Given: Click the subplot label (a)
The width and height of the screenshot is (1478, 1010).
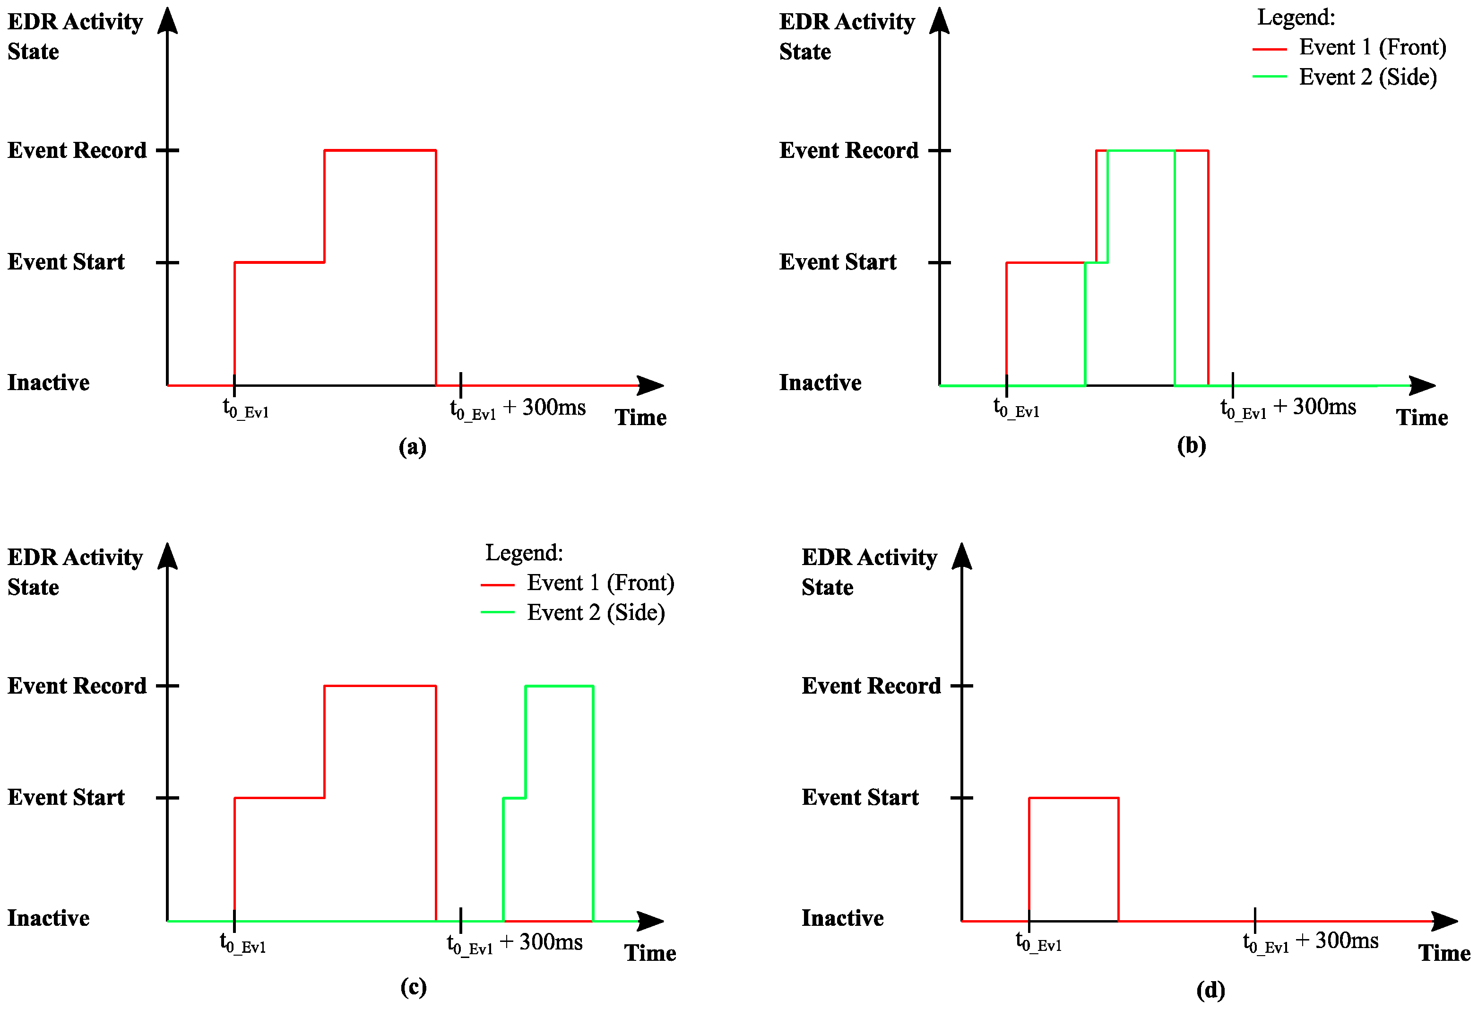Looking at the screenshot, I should click(412, 447).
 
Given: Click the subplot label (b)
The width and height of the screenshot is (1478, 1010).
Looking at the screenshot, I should click(1191, 445).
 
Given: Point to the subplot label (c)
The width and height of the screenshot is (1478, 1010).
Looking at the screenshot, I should click(414, 987).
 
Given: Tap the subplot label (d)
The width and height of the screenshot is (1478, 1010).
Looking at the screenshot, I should click(1210, 990).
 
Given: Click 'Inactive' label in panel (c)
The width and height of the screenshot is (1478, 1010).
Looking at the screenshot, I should click(48, 918).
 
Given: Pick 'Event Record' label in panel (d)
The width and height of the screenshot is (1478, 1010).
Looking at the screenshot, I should click(871, 686).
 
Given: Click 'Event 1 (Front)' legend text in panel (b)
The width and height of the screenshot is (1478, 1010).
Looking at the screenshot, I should click(1373, 47).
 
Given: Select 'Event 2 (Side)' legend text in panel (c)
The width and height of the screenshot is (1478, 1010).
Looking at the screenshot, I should click(596, 612).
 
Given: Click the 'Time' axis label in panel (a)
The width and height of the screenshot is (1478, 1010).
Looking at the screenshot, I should click(640, 418).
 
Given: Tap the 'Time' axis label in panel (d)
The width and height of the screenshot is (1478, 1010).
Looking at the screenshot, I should click(1443, 953).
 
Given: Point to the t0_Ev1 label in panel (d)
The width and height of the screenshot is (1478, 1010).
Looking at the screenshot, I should click(1038, 941).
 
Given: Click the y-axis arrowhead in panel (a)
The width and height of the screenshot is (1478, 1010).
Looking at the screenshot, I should click(167, 20).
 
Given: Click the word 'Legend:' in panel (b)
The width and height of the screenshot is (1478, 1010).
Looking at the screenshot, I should click(1296, 17).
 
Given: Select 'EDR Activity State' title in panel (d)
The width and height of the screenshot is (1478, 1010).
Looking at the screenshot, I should click(869, 572).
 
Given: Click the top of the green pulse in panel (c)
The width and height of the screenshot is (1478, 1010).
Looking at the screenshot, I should click(559, 686).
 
